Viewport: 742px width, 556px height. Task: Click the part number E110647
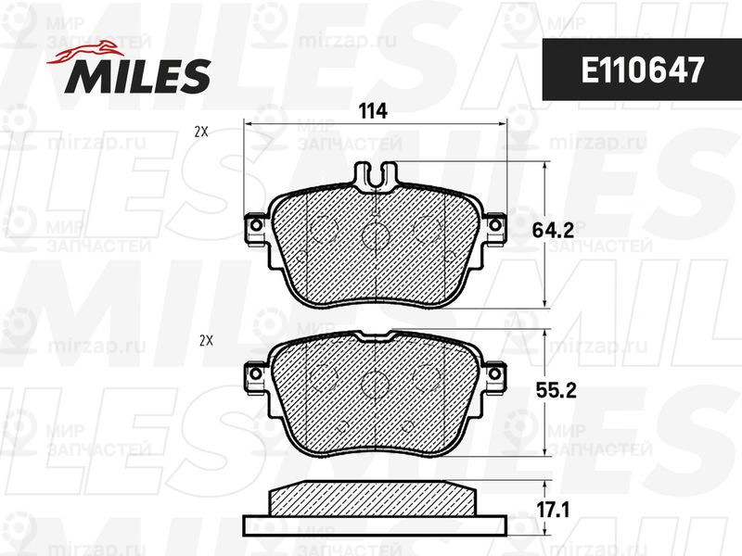coord(643,70)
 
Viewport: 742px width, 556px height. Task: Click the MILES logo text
coord(137,76)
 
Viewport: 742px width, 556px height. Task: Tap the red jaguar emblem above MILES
coord(84,52)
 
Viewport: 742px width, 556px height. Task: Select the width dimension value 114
coord(373,111)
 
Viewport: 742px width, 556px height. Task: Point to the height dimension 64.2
coord(553,230)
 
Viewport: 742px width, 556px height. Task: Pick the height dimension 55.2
coord(556,390)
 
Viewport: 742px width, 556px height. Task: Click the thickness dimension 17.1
coord(553,511)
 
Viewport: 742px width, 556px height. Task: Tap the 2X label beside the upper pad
coord(201,133)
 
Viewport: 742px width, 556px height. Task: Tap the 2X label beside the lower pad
coord(206,340)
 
